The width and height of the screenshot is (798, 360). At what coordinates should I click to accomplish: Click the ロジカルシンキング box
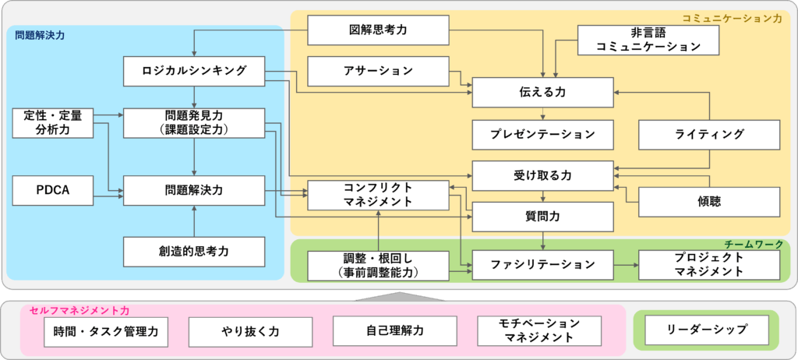click(x=194, y=72)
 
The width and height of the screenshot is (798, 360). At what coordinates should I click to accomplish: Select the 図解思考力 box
click(x=378, y=30)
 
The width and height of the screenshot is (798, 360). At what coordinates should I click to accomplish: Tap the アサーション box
click(x=378, y=72)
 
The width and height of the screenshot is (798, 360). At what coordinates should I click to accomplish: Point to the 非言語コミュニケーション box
click(x=648, y=40)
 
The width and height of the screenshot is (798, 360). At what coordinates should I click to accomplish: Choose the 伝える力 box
click(x=542, y=92)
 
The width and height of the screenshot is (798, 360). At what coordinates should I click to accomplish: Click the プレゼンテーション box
click(x=542, y=134)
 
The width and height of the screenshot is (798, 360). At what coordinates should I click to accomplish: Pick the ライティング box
click(x=709, y=134)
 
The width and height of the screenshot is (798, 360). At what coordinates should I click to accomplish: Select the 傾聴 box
click(x=709, y=201)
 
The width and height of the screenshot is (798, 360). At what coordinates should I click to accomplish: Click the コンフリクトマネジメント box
click(x=378, y=195)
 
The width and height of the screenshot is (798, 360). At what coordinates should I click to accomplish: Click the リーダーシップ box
click(x=707, y=330)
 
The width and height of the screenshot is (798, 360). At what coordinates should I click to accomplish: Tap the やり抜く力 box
click(x=250, y=331)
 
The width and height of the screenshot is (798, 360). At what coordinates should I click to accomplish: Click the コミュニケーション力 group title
click(x=731, y=18)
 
